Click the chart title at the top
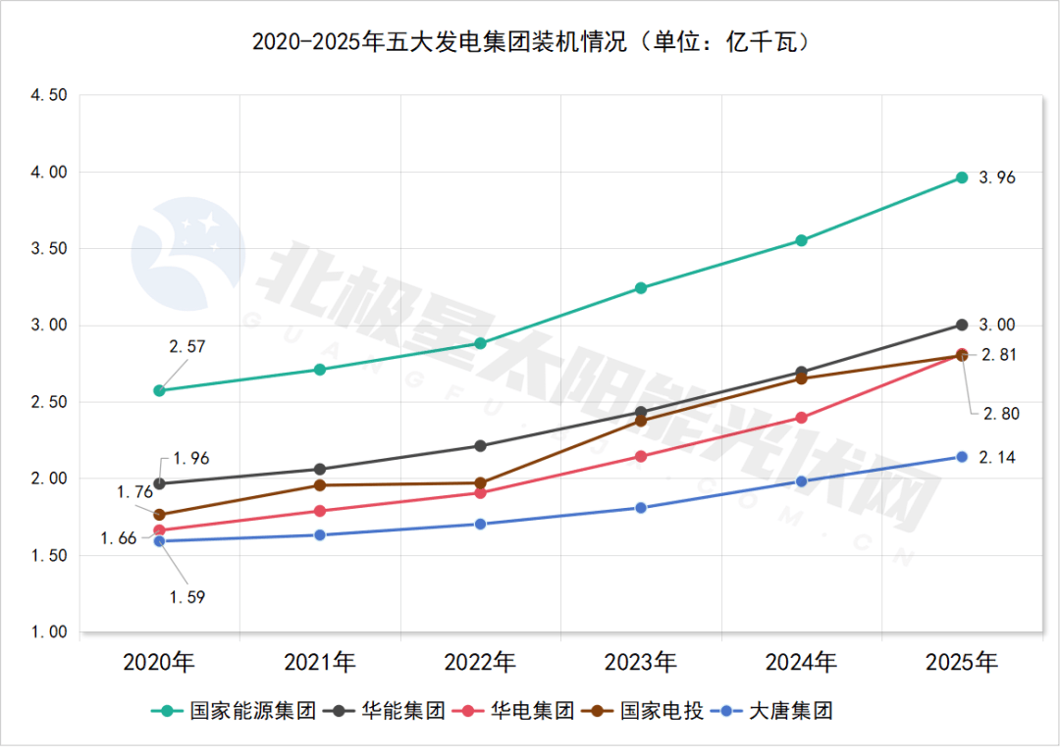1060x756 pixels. pyautogui.click(x=530, y=42)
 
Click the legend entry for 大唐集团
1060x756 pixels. pyautogui.click(x=775, y=711)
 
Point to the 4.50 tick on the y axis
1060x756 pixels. pyautogui.click(x=48, y=95)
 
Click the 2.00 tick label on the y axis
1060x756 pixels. pyautogui.click(x=48, y=479)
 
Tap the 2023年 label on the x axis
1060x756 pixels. pyautogui.click(x=640, y=663)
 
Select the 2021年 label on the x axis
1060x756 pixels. pyautogui.click(x=320, y=663)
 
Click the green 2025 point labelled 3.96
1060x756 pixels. pyautogui.click(x=962, y=177)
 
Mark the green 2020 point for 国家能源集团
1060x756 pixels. pyautogui.click(x=159, y=390)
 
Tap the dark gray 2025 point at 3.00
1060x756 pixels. pyautogui.click(x=962, y=325)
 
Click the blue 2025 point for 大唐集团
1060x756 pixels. pyautogui.click(x=962, y=457)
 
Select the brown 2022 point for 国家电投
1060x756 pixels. pyautogui.click(x=480, y=483)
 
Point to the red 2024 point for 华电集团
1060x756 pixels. pyautogui.click(x=801, y=418)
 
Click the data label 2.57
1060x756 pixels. pyautogui.click(x=186, y=346)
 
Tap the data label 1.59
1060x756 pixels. pyautogui.click(x=186, y=596)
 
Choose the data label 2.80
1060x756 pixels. pyautogui.click(x=1000, y=414)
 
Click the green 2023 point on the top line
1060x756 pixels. pyautogui.click(x=640, y=288)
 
